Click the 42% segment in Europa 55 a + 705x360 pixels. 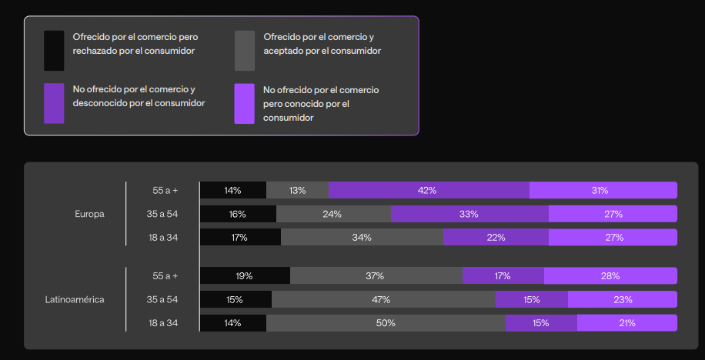coord(429,190)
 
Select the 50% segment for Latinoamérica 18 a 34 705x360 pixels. coord(386,323)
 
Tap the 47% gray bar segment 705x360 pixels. coord(383,299)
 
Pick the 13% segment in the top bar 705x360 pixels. coord(297,190)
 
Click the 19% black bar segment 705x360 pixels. coord(245,275)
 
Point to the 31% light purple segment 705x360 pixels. coord(603,190)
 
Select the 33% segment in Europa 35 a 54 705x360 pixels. coord(469,214)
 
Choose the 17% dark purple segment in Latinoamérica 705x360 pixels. coord(503,275)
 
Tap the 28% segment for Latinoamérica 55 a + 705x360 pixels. coord(610,275)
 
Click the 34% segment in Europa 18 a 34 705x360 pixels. coord(362,238)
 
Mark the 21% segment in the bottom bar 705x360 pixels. coord(627,323)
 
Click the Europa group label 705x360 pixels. coord(89,214)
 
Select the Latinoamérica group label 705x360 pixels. coord(75,299)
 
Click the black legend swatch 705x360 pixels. coord(54,51)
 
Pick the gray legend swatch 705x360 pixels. coord(244,51)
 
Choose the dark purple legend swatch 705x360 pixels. coord(54,103)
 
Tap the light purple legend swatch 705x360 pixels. coord(244,103)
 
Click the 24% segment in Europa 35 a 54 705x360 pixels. coord(332,214)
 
